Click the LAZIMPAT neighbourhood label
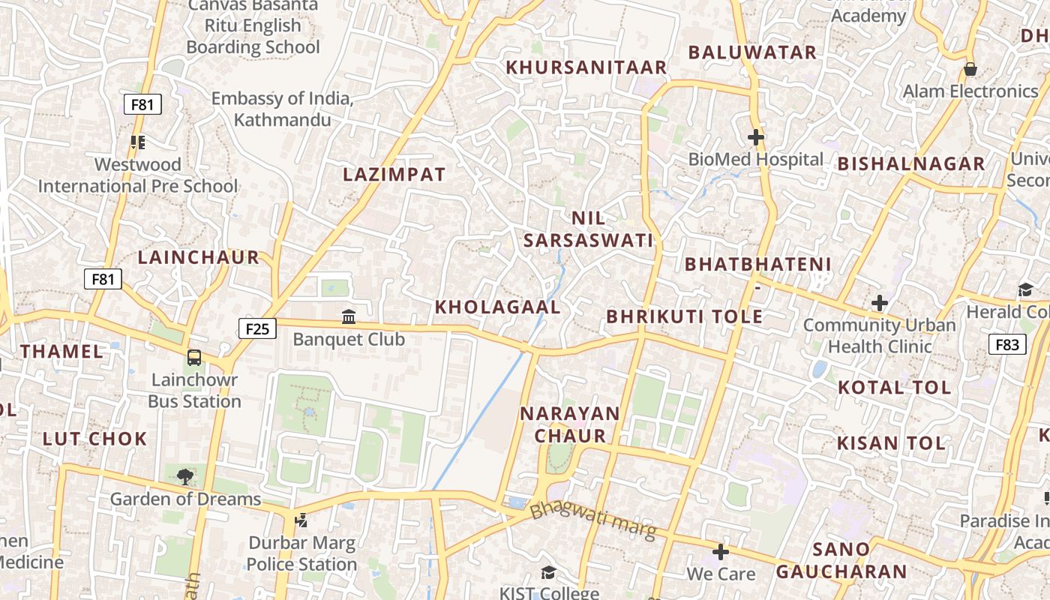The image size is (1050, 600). coord(394,175)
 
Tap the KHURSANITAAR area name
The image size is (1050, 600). coord(586,67)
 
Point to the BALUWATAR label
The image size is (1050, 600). coord(752,52)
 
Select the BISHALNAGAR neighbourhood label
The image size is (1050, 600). coord(911,163)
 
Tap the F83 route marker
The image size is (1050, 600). coord(1007,344)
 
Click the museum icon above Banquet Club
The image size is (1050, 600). coord(349,316)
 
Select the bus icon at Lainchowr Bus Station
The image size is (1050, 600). coord(194,357)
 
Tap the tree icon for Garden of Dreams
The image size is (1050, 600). coord(185,476)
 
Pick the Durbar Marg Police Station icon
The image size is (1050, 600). coord(301,519)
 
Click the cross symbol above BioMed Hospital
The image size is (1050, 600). coord(756,137)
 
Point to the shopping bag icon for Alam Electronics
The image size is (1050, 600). coord(970,70)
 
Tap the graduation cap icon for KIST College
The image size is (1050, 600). coord(549,573)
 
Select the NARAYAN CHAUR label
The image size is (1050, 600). coord(570,424)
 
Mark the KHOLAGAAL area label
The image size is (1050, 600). coord(498,307)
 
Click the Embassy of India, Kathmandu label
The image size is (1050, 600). coord(282,109)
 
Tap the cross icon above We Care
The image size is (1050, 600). coord(721,553)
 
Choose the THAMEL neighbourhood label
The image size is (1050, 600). coord(61,352)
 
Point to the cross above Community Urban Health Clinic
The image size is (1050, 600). coord(880,304)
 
